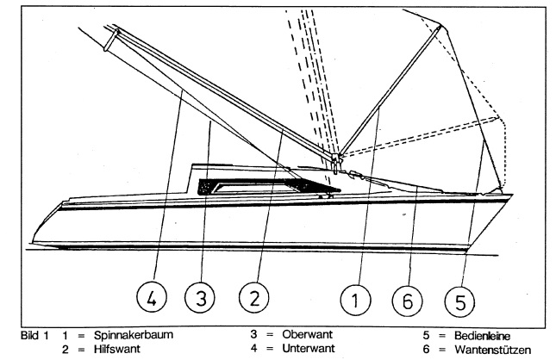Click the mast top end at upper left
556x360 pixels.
(x=113, y=35)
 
